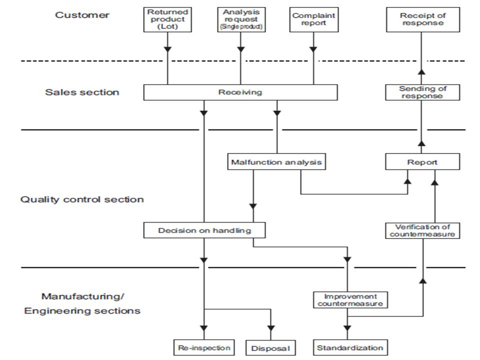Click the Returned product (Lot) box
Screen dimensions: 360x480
[167, 20]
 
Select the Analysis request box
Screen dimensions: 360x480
[240, 20]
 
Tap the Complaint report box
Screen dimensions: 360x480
[313, 20]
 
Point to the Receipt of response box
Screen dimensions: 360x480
[422, 20]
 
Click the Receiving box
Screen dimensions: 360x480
[240, 92]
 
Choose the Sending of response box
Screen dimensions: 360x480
[422, 92]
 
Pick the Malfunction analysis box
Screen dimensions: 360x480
[276, 162]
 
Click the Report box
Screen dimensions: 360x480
[422, 162]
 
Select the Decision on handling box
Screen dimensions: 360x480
[204, 230]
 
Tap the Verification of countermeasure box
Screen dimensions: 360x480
[422, 230]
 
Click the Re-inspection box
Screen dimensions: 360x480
[204, 347]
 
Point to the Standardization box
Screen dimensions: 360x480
[350, 347]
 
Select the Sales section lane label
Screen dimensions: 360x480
[82, 92]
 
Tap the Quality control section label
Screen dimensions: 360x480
[82, 199]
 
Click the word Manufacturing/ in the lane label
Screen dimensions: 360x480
[82, 296]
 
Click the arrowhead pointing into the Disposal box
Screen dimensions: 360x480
[271, 328]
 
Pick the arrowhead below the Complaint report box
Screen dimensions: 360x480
[313, 49]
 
